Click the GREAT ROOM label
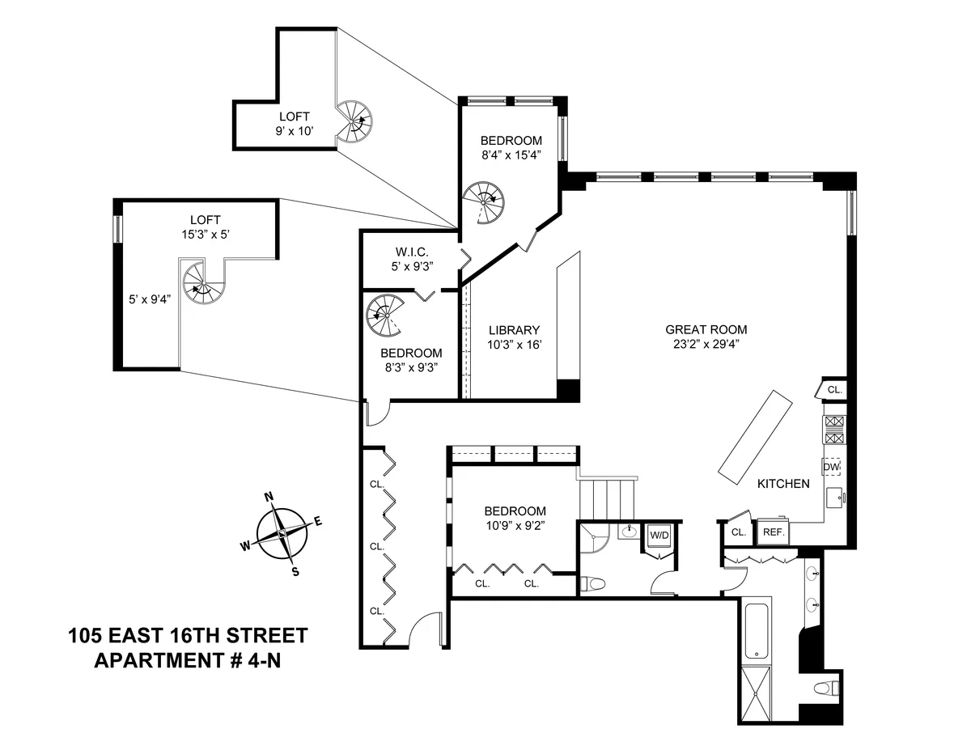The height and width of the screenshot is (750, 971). (x=706, y=329)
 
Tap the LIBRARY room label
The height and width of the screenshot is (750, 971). (x=513, y=330)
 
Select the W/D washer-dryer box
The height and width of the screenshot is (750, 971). (x=659, y=534)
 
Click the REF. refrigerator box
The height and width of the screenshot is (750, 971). (x=773, y=532)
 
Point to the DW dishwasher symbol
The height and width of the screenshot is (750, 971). (x=832, y=467)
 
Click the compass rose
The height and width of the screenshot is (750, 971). (x=282, y=535)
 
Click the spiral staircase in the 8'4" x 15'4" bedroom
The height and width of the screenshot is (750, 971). (x=483, y=199)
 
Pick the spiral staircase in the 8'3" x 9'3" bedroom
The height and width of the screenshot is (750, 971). (x=384, y=315)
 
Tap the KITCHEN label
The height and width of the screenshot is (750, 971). (x=782, y=484)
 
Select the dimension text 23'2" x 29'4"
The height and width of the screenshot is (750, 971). (x=706, y=343)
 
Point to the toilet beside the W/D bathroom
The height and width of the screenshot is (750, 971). (x=593, y=583)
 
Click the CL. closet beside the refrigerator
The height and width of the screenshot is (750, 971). (x=738, y=532)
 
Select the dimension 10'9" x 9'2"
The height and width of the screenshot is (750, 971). (x=515, y=524)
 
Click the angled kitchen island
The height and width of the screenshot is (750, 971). (x=752, y=437)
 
